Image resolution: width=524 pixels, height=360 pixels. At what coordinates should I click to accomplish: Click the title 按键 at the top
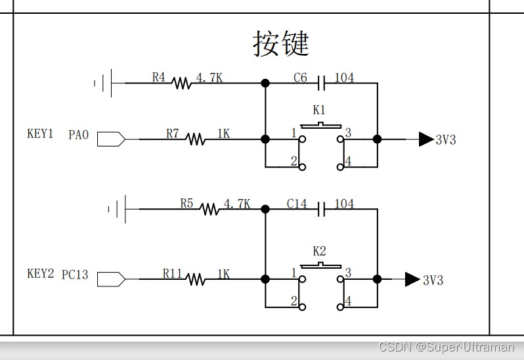(x=280, y=43)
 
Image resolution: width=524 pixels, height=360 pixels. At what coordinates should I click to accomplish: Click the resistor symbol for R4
(x=182, y=83)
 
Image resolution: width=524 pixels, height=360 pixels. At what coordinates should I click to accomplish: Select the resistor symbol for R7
(x=195, y=139)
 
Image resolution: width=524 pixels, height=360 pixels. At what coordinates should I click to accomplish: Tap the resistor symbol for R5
(x=209, y=209)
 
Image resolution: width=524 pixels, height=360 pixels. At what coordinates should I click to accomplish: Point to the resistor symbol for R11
(x=196, y=279)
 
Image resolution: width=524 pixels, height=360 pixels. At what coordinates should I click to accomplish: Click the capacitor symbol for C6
(x=321, y=83)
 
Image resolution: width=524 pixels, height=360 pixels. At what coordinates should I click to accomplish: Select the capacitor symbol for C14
(x=321, y=209)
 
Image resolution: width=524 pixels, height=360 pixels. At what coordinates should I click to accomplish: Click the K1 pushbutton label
(x=319, y=110)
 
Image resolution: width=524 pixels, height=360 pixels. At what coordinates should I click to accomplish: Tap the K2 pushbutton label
(x=319, y=250)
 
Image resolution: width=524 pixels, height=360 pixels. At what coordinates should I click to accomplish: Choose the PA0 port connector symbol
(x=111, y=139)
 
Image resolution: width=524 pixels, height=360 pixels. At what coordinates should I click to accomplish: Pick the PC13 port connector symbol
(x=111, y=279)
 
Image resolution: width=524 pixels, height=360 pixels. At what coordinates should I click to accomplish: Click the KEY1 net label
(x=40, y=134)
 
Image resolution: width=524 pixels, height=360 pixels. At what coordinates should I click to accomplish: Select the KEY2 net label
(x=40, y=274)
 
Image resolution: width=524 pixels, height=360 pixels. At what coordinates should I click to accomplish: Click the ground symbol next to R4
(x=104, y=83)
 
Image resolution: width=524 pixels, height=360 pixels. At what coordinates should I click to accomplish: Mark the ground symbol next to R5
(x=118, y=209)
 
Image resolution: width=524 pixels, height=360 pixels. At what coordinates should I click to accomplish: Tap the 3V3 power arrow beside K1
(x=426, y=139)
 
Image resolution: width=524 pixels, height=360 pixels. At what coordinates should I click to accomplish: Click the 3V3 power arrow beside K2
(x=412, y=279)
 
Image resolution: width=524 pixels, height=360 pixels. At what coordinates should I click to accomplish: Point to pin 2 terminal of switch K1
(x=302, y=167)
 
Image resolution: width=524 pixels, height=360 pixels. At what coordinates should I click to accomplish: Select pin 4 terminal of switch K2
(x=340, y=306)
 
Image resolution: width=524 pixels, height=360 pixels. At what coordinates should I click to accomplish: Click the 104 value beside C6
(x=344, y=78)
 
